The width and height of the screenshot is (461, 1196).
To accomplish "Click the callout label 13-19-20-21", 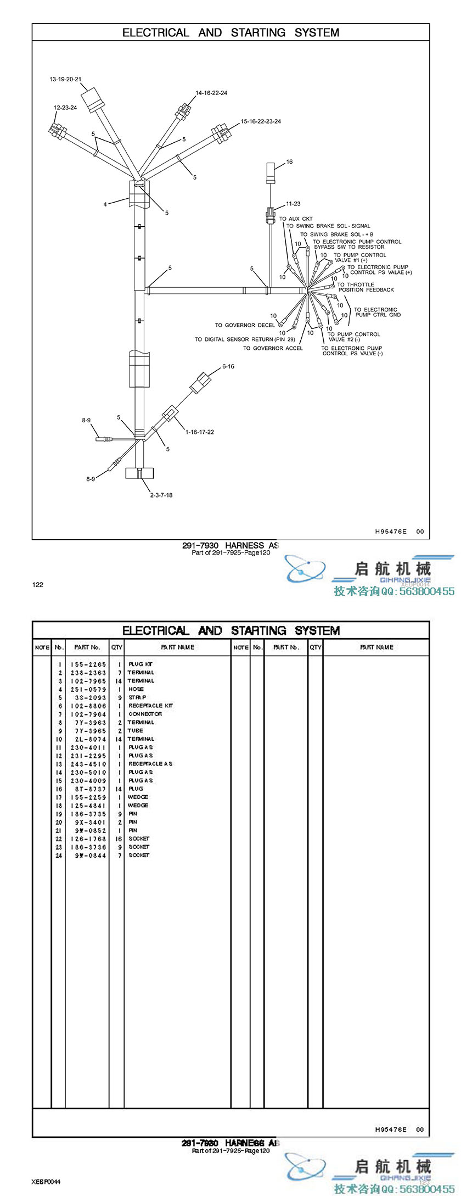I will pyautogui.click(x=65, y=79).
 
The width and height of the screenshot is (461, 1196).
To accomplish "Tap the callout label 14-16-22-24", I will pyautogui.click(x=211, y=93).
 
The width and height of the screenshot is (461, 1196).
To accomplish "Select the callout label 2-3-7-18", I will pyautogui.click(x=161, y=495).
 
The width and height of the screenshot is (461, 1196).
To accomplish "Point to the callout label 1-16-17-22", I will pyautogui.click(x=200, y=432).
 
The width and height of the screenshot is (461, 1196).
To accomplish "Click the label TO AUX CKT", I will pyautogui.click(x=296, y=219).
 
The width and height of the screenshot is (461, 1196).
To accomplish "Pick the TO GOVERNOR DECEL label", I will pyautogui.click(x=245, y=325).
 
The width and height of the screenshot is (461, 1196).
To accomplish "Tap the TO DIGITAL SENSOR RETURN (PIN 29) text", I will pyautogui.click(x=245, y=339).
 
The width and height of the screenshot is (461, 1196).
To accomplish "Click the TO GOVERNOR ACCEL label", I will pyautogui.click(x=273, y=348).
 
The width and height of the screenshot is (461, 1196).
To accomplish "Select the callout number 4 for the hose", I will pyautogui.click(x=105, y=205).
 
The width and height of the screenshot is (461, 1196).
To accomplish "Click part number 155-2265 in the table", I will pyautogui.click(x=88, y=664).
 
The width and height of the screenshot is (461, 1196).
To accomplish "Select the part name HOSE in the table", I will pyautogui.click(x=136, y=689).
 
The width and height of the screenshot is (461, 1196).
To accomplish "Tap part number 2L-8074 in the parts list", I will pyautogui.click(x=88, y=739).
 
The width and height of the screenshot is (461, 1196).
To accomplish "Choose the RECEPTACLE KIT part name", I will pyautogui.click(x=151, y=706).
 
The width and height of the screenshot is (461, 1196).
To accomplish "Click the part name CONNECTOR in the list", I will pyautogui.click(x=145, y=714).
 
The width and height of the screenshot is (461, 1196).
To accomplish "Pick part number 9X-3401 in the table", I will pyautogui.click(x=88, y=822).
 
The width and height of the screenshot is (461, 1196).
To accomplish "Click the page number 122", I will pyautogui.click(x=37, y=584).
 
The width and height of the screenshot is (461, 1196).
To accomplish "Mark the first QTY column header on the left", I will pyautogui.click(x=117, y=647).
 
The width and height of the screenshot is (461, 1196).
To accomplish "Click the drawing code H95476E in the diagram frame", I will pyautogui.click(x=391, y=532).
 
